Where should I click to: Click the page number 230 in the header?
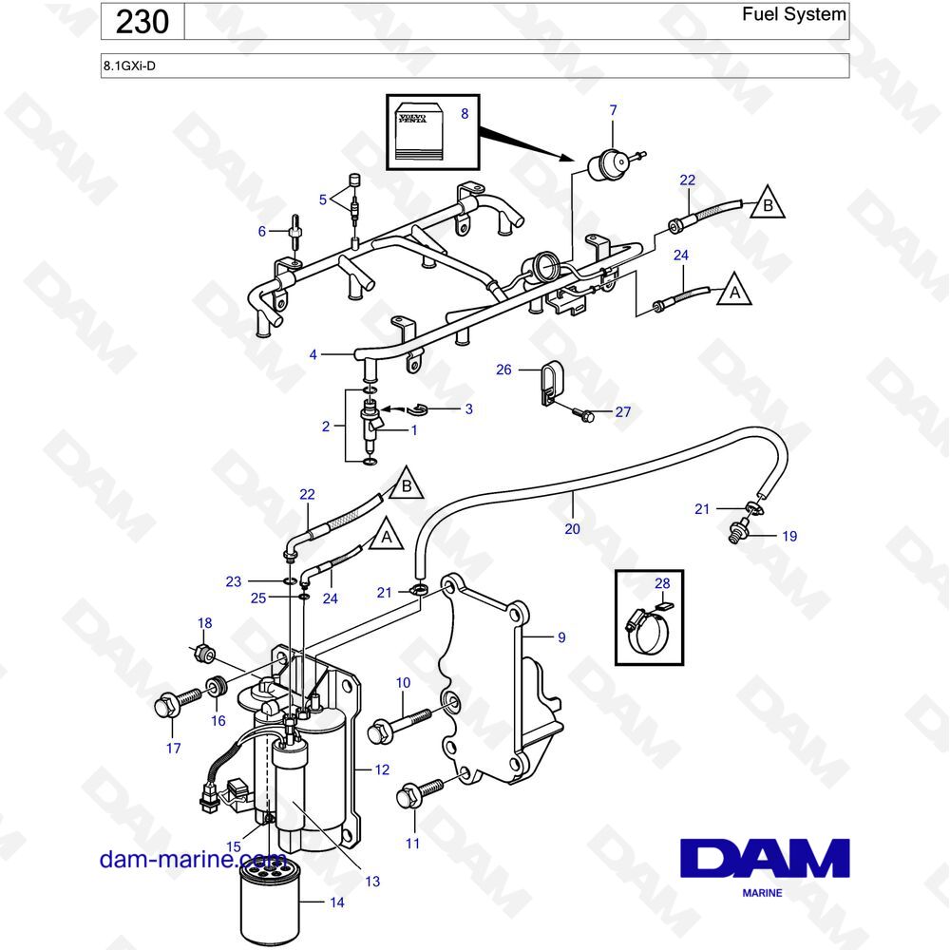pyautogui.click(x=142, y=22)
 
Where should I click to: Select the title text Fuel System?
pyautogui.click(x=793, y=14)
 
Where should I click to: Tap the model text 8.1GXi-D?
pyautogui.click(x=129, y=66)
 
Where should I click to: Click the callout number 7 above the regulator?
pyautogui.click(x=613, y=110)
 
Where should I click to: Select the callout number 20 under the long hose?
pyautogui.click(x=573, y=529)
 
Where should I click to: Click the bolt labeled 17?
pyautogui.click(x=178, y=703)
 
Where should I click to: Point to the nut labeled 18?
pyautogui.click(x=203, y=654)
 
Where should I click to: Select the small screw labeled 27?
pyautogui.click(x=583, y=415)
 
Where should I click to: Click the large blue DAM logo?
pyautogui.click(x=765, y=858)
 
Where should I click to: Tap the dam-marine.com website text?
pyautogui.click(x=192, y=859)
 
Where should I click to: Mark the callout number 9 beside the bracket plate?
pyautogui.click(x=561, y=637)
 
